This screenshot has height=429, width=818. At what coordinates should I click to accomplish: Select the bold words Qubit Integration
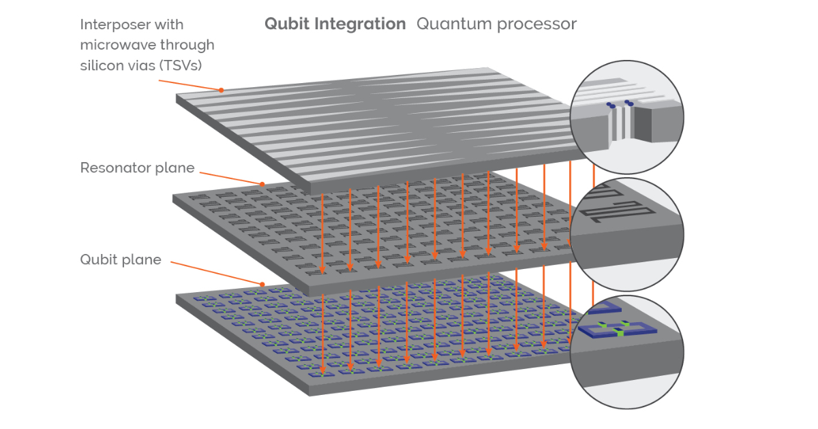coord(335,25)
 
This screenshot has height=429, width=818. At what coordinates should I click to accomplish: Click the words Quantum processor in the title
coord(496,25)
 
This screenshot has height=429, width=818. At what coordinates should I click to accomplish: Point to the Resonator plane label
coord(137,168)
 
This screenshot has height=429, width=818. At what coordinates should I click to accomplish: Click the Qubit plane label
coord(121,259)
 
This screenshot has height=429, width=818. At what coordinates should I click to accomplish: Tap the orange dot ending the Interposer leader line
coord(222,90)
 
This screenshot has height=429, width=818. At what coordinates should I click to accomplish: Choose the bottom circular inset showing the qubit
coord(625,351)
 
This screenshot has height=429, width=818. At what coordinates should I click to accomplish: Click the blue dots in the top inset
coord(618,104)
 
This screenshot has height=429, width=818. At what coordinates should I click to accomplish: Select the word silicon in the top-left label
coord(98,65)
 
